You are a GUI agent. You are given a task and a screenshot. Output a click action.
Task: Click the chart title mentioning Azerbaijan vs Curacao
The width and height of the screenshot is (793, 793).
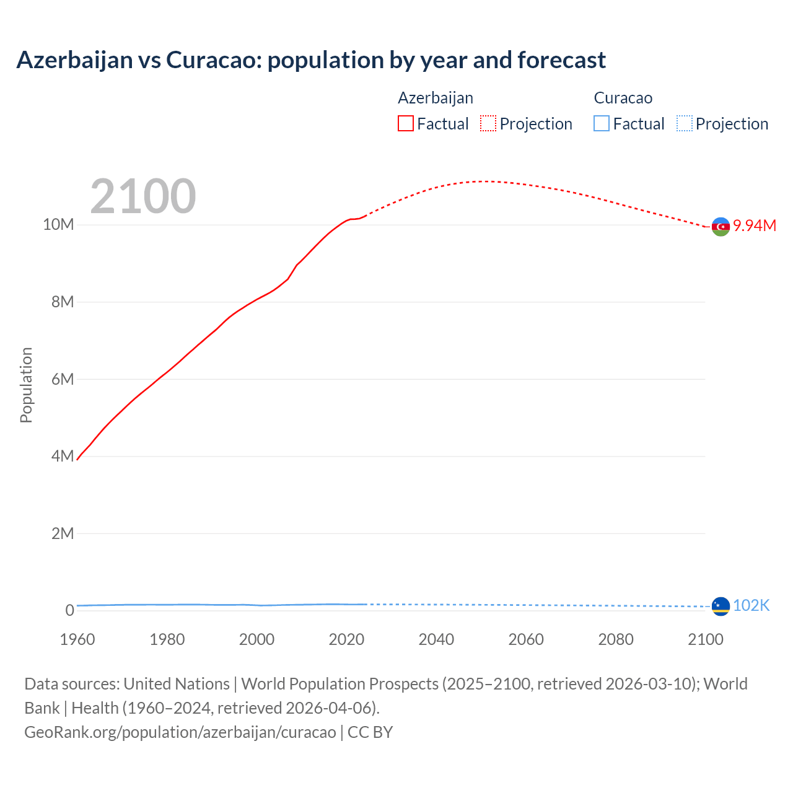pyautogui.click(x=311, y=60)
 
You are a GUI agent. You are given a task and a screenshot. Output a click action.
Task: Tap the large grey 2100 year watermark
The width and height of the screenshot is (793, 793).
pyautogui.click(x=143, y=196)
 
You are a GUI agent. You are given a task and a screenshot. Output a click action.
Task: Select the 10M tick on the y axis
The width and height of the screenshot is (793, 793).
pyautogui.click(x=58, y=224)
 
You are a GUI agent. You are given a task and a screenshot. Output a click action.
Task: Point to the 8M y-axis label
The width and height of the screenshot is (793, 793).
pyautogui.click(x=63, y=302)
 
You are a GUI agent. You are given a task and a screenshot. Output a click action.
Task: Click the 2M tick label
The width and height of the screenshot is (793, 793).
pyautogui.click(x=63, y=533)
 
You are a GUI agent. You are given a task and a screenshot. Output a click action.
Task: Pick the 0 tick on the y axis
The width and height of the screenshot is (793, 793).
pyautogui.click(x=69, y=610)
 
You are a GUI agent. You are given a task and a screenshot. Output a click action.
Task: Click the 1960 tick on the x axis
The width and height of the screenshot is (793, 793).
pyautogui.click(x=77, y=639)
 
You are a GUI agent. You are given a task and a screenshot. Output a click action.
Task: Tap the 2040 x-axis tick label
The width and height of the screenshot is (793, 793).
pyautogui.click(x=436, y=639)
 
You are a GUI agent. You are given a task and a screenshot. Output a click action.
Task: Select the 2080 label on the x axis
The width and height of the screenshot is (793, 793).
pyautogui.click(x=616, y=639)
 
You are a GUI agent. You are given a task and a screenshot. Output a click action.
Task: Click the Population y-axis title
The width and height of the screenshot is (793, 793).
pyautogui.click(x=26, y=385)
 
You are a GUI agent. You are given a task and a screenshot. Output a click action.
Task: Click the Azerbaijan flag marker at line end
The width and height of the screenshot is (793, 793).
pyautogui.click(x=721, y=227)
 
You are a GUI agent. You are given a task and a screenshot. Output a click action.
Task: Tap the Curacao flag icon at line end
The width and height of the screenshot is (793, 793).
pyautogui.click(x=721, y=606)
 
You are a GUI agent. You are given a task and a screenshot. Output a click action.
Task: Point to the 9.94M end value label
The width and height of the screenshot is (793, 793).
pyautogui.click(x=755, y=226)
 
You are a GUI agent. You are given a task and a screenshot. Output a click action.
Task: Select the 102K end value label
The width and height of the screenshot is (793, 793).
pyautogui.click(x=751, y=605)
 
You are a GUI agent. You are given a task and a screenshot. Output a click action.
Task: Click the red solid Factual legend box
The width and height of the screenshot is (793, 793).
pyautogui.click(x=406, y=123)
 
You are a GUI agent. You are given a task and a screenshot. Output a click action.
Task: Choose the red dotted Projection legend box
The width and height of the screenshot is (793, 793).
pyautogui.click(x=488, y=123)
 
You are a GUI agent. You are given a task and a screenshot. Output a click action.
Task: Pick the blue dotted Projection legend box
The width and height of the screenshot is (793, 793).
pyautogui.click(x=684, y=123)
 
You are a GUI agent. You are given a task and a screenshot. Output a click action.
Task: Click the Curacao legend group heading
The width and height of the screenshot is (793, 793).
pyautogui.click(x=623, y=98)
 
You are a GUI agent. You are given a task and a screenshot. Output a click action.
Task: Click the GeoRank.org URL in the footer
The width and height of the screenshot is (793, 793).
pyautogui.click(x=180, y=732)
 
